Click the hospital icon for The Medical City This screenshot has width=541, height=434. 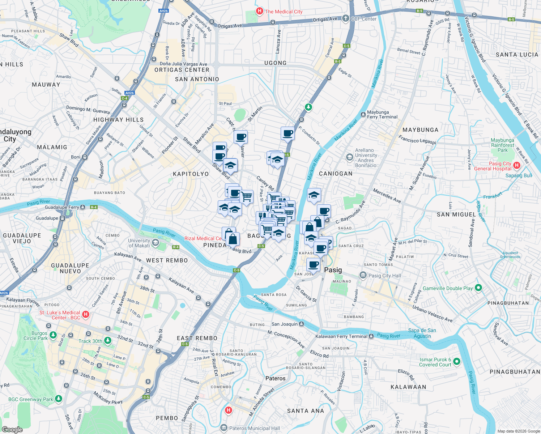point(259,11)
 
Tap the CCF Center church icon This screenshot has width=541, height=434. point(346,18)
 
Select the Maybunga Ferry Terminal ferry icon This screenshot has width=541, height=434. point(363,114)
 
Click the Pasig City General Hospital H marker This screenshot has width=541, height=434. point(516,166)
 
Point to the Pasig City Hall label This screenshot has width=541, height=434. point(384,276)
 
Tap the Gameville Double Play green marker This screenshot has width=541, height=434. point(478,288)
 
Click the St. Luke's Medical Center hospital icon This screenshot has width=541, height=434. point(86,314)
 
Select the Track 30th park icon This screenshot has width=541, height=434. point(107,341)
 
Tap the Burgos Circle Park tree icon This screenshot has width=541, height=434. point(53,335)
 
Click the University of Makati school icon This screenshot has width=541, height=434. point(156,243)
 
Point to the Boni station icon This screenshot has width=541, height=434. point(85,157)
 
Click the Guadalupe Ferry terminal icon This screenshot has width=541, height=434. point(83,207)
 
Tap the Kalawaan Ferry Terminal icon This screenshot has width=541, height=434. point(371,336)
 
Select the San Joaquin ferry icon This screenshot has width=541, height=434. point(302,324)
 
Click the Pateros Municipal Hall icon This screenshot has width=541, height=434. point(224,428)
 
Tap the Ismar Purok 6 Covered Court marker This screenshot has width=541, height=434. point(456,361)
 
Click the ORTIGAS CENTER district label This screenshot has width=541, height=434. point(182,70)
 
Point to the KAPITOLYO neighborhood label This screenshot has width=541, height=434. point(191,174)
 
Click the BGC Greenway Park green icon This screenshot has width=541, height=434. point(59,399)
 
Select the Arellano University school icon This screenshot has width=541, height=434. point(349,157)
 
